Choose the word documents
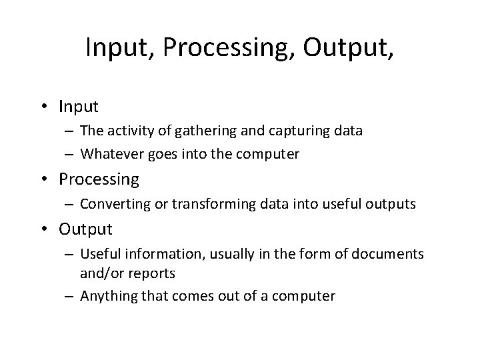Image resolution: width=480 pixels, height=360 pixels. [x=385, y=255]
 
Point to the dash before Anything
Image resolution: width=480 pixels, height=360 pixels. [x=70, y=296]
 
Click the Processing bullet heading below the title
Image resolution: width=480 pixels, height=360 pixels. [x=99, y=180]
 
